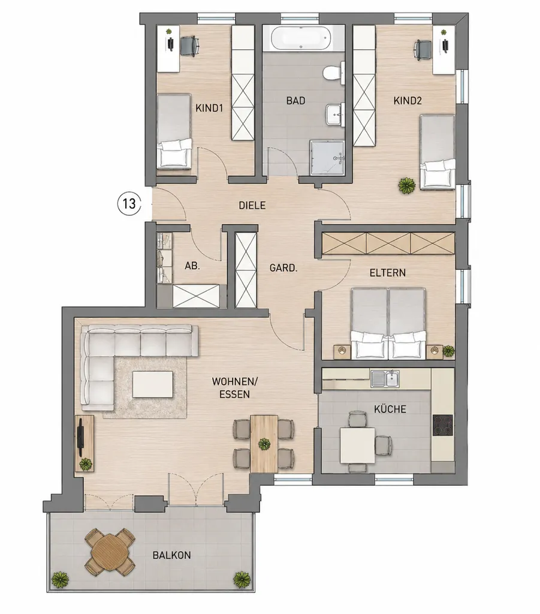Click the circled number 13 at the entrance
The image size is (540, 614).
(x=129, y=204)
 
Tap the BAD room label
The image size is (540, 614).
(x=295, y=101)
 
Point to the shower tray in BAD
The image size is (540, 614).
(x=327, y=158)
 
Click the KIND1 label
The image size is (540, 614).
(x=209, y=108)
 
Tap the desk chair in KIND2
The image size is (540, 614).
(x=423, y=49)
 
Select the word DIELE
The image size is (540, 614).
(x=252, y=205)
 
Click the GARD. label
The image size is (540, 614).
(x=283, y=268)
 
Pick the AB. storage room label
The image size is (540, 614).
(x=192, y=266)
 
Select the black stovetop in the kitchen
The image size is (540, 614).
(x=442, y=425)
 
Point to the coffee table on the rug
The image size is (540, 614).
(x=153, y=384)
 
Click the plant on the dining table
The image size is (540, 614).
(x=264, y=444)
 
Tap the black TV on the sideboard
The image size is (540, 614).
(x=80, y=437)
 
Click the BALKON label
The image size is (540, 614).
(x=172, y=555)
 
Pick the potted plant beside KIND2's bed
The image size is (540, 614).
(x=408, y=185)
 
